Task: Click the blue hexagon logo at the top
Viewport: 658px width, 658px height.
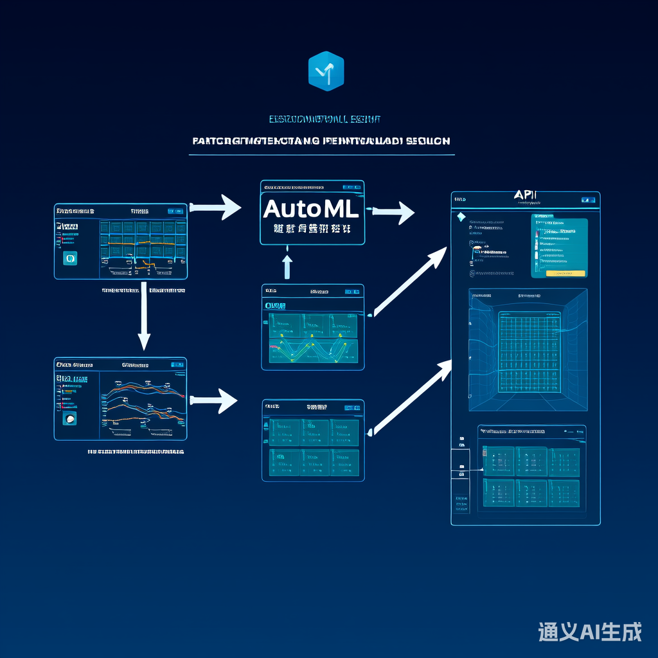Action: pos(326,71)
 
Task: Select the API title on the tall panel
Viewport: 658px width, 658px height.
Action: pos(526,195)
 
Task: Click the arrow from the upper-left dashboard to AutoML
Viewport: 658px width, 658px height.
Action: pos(217,208)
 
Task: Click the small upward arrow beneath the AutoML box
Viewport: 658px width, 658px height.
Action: pos(287,265)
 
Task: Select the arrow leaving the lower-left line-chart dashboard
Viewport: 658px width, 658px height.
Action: pos(214,400)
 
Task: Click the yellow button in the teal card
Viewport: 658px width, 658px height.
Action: pos(565,273)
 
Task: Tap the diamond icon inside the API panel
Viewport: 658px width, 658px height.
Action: pos(460,217)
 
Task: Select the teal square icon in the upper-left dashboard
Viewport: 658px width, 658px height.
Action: pos(70,258)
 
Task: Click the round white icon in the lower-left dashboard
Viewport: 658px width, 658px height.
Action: pos(70,419)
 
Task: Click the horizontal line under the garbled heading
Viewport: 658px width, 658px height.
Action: pos(321,155)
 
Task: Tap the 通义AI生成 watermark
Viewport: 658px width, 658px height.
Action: pos(589,632)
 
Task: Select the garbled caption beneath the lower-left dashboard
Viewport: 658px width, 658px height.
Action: pos(136,452)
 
